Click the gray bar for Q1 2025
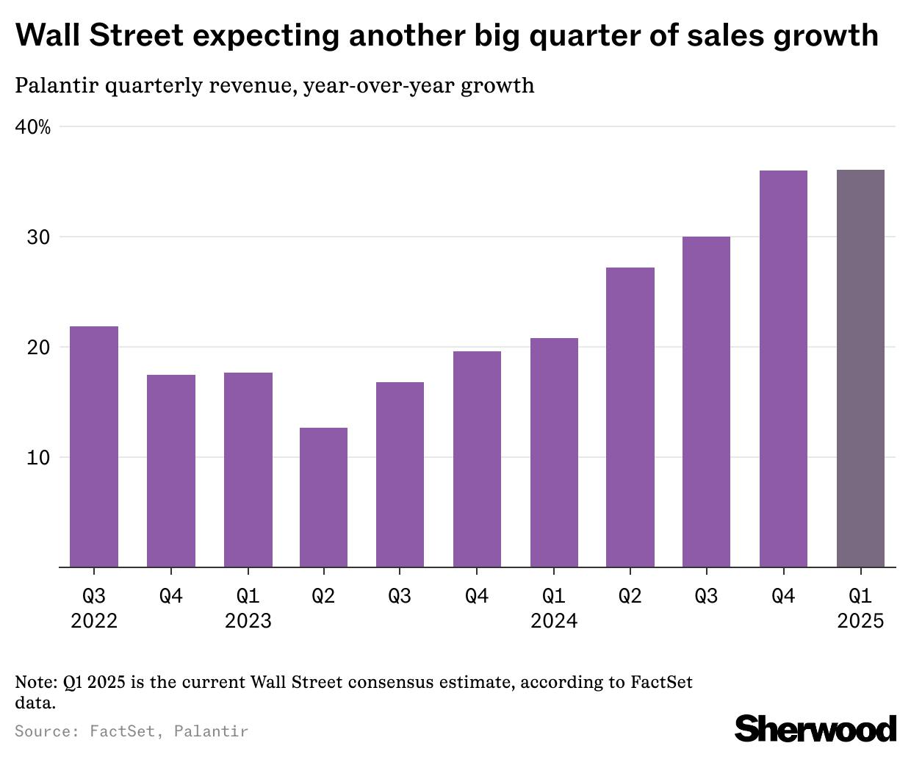coord(860,368)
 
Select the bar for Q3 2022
coord(94,446)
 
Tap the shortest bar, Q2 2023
coord(323,497)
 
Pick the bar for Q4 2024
coord(783,368)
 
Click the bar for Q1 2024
coord(554,452)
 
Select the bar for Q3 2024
coord(706,401)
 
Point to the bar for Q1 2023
coord(248,470)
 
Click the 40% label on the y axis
coord(33,127)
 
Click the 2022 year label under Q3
coord(94,621)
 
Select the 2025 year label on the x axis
coord(860,621)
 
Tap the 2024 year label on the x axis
coord(554,621)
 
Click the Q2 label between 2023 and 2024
coord(323,595)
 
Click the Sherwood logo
coord(815,728)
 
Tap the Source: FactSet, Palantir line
coord(132,731)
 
